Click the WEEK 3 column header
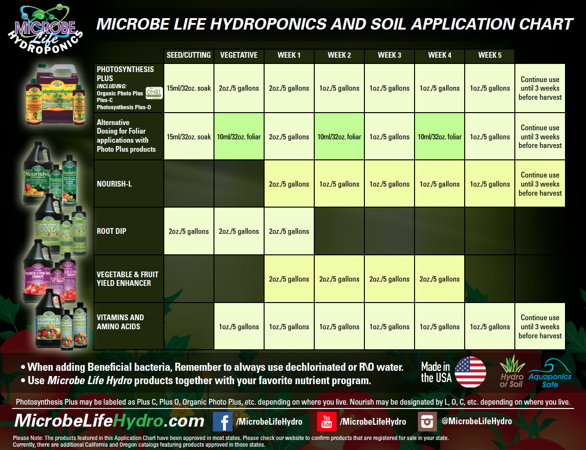389,55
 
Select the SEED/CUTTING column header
189,55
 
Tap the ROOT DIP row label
112,231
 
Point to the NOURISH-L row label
114,184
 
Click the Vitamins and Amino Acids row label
120,322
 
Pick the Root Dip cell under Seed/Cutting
189,231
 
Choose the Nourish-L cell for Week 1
289,184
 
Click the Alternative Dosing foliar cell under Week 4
439,136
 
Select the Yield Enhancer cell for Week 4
439,279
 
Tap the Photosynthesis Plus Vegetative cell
239,88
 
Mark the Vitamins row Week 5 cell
490,327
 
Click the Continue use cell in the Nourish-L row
540,184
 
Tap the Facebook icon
223,421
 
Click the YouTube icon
327,421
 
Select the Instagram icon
427,421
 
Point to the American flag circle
470,372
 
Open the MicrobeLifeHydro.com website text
109,421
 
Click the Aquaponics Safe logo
550,373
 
